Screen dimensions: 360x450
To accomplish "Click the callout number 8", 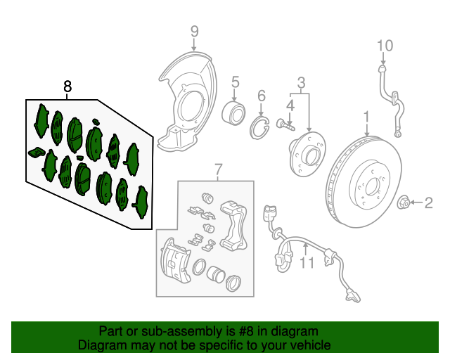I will (x=67, y=86).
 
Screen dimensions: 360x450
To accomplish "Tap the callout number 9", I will (x=195, y=31).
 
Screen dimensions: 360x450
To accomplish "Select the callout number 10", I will (x=385, y=46).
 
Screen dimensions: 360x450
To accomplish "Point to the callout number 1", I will (x=366, y=115).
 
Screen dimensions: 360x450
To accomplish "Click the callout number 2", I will (x=428, y=204).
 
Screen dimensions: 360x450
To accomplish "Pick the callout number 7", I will (x=218, y=169).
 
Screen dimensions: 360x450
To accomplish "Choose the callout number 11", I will (x=306, y=264).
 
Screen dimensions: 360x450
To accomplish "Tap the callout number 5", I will (x=236, y=82).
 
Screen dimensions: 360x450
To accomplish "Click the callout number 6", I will (x=261, y=96).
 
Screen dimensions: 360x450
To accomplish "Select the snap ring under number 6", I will (x=261, y=126).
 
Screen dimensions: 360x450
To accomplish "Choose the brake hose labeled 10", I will (x=391, y=98).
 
